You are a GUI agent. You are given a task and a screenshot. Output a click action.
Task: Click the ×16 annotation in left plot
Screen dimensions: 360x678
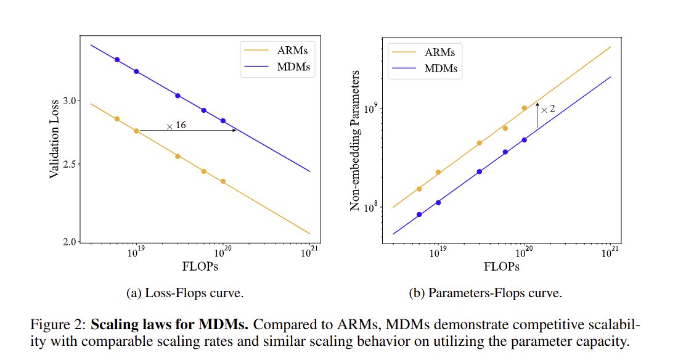click(176, 125)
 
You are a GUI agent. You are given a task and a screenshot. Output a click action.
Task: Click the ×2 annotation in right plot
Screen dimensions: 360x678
click(547, 109)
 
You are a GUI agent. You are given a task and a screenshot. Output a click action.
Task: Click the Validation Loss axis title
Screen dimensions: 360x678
click(54, 139)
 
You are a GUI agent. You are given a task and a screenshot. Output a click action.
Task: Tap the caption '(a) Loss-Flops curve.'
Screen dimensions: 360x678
click(185, 293)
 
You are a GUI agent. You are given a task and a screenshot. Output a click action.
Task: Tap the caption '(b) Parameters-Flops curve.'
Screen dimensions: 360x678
click(486, 293)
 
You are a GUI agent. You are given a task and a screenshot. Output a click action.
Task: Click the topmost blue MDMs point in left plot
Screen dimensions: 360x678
click(116, 60)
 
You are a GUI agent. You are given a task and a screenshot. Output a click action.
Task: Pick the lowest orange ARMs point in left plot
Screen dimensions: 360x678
click(223, 181)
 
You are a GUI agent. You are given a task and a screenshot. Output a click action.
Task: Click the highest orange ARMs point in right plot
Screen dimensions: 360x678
click(525, 108)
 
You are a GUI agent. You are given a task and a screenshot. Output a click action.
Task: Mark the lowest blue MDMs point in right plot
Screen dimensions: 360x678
click(419, 215)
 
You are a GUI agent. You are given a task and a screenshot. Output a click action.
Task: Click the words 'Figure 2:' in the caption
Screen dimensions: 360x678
click(52, 324)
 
